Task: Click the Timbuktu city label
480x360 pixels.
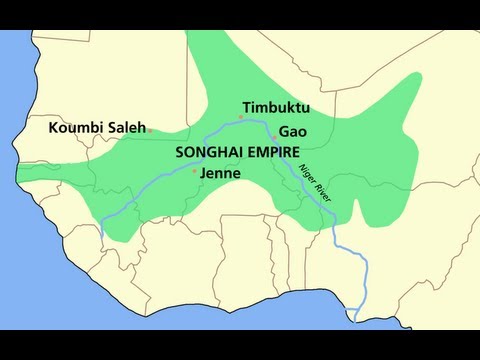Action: (275, 106)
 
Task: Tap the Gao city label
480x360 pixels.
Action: (291, 131)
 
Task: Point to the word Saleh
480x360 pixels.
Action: (125, 128)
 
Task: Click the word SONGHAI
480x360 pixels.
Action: (209, 152)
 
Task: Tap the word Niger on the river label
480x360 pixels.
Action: (311, 176)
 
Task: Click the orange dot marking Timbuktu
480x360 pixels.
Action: (240, 117)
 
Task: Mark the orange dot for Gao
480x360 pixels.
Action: (273, 136)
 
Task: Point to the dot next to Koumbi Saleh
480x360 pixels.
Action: (149, 130)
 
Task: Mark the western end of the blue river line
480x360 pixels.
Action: (103, 237)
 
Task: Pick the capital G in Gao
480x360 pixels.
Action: (284, 131)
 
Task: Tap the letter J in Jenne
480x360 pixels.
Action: (204, 173)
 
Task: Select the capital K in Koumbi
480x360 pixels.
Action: (55, 128)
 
